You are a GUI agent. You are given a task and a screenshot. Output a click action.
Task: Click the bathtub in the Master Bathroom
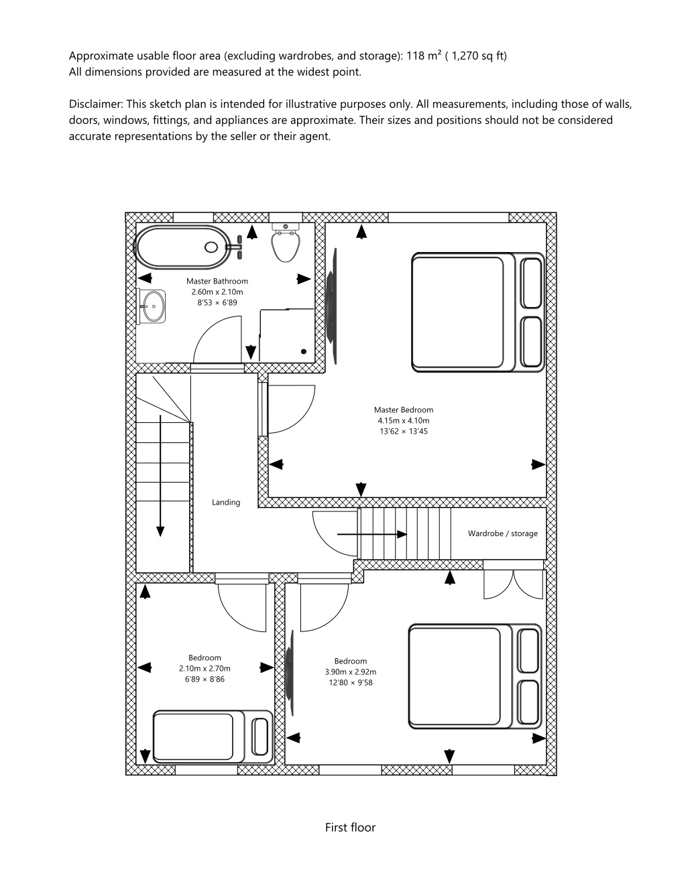point(180,247)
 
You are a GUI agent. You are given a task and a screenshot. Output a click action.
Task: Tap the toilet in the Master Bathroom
point(285,243)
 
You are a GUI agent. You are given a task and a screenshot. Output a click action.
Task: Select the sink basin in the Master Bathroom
point(152,306)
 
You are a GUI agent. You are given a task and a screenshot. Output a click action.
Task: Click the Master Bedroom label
point(404,410)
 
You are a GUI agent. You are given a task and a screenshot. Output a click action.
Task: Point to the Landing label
point(226,503)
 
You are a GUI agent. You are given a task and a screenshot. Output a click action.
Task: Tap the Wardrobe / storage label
point(502,533)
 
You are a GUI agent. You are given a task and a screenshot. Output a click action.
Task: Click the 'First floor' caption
point(350,828)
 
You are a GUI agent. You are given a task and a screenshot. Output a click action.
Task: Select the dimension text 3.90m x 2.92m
point(351,672)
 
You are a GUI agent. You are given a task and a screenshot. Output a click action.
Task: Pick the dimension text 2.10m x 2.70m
point(205,669)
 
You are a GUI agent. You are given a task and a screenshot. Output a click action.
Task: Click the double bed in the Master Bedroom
point(478,312)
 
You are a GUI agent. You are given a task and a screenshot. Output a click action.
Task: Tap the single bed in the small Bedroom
point(213,737)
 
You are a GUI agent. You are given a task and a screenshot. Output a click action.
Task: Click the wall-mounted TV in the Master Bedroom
point(332,306)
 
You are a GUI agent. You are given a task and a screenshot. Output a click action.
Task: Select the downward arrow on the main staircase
point(160,476)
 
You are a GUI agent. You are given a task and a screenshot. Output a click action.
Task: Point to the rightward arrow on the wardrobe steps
point(372,534)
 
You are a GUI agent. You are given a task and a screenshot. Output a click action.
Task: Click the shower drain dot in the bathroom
point(304,351)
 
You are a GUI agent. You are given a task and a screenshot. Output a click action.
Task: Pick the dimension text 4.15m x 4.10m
point(404,420)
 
